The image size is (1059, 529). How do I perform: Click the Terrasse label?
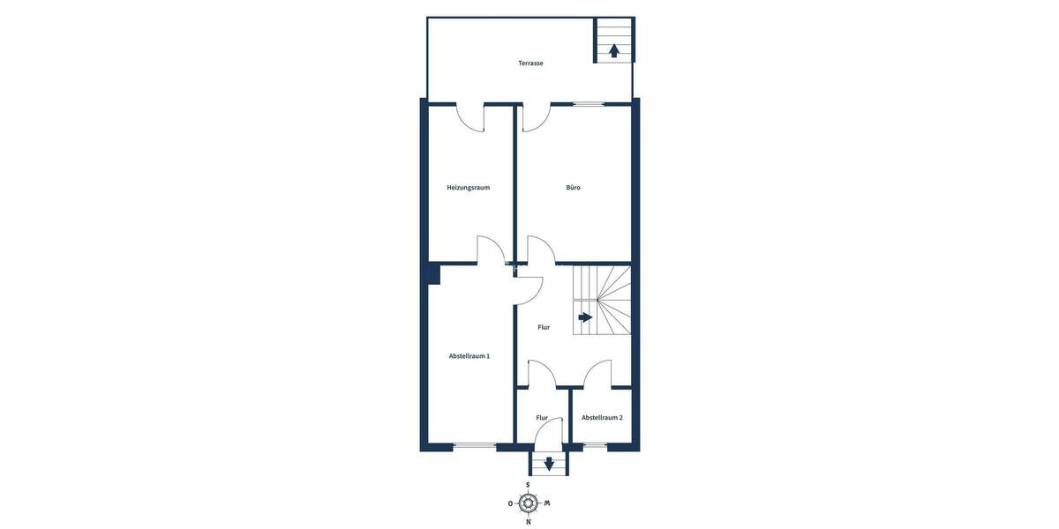[x=530, y=63]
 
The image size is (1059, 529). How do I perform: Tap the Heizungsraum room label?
[x=468, y=188]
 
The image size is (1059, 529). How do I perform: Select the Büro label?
[x=574, y=188]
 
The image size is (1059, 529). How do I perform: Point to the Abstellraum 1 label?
[x=469, y=356]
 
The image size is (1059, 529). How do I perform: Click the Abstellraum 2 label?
[x=602, y=418]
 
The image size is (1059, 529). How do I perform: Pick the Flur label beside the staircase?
[x=544, y=327]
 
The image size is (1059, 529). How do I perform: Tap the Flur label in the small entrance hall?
[x=542, y=418]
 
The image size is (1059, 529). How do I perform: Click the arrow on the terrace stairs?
[x=614, y=50]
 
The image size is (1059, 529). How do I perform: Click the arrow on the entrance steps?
[x=549, y=463]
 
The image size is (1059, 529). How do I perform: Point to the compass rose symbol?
[x=529, y=503]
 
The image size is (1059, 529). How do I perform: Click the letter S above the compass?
[x=529, y=485]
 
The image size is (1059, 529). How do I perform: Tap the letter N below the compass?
[x=529, y=522]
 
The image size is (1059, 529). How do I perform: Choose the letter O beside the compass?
[x=510, y=503]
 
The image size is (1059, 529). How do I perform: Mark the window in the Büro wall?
[x=589, y=104]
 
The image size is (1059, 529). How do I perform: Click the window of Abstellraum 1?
[x=475, y=444]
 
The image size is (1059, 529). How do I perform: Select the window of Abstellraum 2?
[x=596, y=444]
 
